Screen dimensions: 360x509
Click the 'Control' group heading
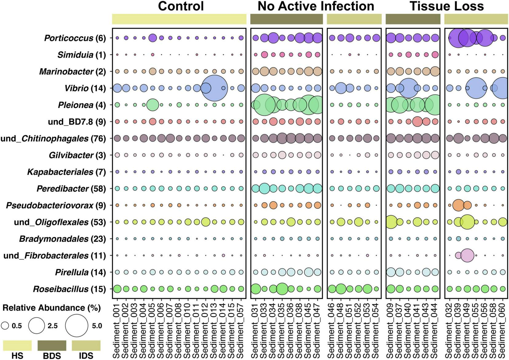[x=181, y=6]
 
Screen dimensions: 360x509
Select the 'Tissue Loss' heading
[x=447, y=6]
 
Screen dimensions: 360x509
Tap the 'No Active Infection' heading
[x=316, y=6]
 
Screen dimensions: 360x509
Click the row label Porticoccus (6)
[x=75, y=38]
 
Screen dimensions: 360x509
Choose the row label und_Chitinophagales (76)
[x=53, y=139]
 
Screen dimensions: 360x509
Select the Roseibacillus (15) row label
[x=69, y=289]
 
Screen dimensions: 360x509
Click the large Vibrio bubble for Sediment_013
[x=215, y=88]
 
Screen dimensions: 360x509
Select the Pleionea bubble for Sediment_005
[x=152, y=105]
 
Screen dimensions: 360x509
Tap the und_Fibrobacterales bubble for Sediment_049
[x=467, y=255]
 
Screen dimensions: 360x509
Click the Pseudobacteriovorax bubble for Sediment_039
[x=458, y=205]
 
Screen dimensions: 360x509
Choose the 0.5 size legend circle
[x=5, y=326]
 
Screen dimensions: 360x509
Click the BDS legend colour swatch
[x=52, y=345]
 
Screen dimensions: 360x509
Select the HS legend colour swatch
[x=18, y=345]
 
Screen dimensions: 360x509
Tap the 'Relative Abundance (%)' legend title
[x=52, y=308]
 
